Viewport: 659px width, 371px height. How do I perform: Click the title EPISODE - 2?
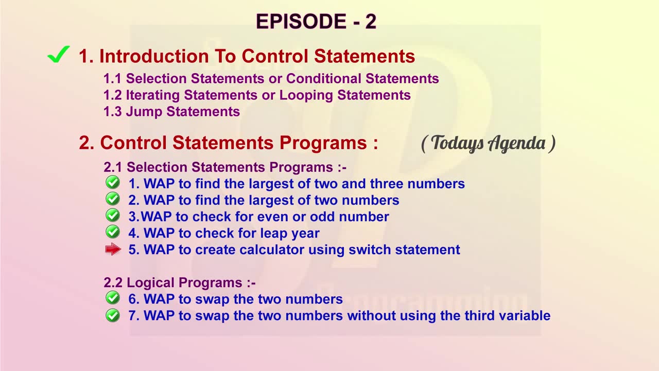316,21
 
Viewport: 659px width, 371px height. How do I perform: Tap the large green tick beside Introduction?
59,55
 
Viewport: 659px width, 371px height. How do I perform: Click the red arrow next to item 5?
113,249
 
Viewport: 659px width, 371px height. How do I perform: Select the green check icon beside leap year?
113,232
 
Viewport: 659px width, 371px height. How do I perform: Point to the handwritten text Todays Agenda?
488,143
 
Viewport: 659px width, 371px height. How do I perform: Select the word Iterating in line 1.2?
153,95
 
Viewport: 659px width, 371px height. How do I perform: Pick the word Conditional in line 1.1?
324,79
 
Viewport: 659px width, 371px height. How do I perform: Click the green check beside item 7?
113,315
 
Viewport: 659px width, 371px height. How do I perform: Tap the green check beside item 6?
113,298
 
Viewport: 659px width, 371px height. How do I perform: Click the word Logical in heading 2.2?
150,283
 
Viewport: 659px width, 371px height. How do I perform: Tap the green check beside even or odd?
113,215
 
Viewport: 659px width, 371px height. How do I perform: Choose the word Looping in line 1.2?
306,96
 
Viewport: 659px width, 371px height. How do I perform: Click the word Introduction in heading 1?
154,56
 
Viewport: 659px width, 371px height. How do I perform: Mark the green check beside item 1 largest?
113,182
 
